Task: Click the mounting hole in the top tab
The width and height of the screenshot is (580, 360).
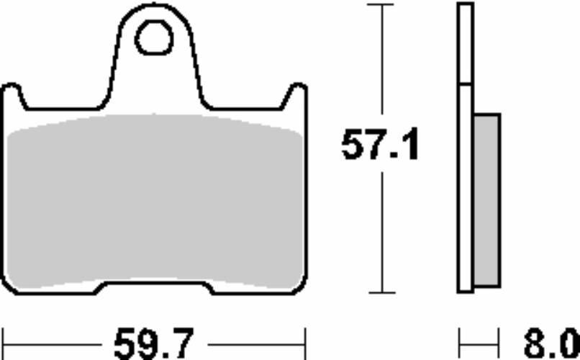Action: [154, 37]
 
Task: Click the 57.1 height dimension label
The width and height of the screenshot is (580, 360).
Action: [380, 144]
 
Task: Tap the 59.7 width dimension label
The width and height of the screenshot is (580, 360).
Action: [154, 343]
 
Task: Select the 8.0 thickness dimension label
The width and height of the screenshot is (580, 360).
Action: [551, 344]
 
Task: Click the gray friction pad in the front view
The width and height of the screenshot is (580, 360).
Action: [155, 202]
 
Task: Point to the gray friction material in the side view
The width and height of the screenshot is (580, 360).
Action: [487, 200]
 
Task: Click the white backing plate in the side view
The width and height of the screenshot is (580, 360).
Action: [466, 148]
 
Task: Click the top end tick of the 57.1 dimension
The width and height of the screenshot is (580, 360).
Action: [381, 4]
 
